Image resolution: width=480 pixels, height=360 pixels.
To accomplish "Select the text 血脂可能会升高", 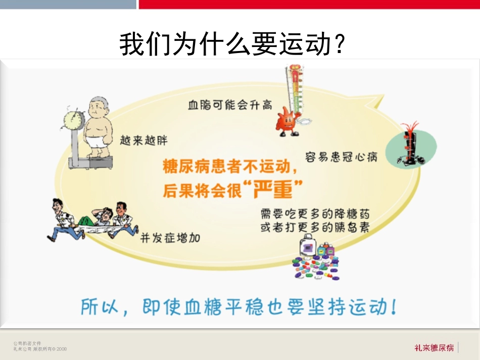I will [230, 105].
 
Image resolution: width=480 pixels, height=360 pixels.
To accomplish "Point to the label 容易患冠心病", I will [342, 157].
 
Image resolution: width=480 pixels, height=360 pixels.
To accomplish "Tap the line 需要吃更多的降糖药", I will [314, 213].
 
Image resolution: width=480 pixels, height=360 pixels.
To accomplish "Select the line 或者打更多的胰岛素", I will [314, 227].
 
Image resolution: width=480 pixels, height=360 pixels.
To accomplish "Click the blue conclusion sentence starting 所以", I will [238, 307].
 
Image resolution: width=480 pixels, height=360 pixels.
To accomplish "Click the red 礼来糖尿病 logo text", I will [434, 347].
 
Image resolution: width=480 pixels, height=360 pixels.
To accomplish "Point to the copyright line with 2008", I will [40, 348].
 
